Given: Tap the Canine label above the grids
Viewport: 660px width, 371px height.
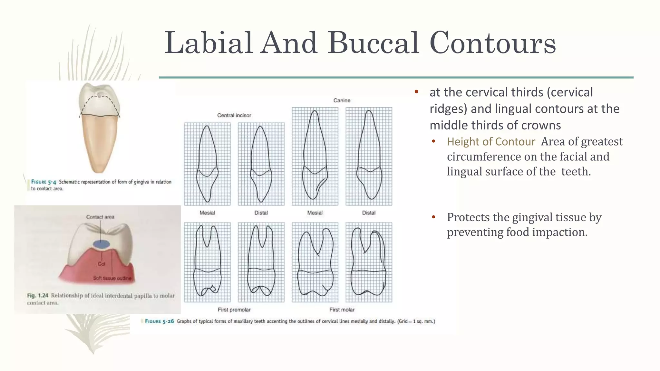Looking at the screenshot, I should [342, 100].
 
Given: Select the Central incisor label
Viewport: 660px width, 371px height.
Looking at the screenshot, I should [234, 115].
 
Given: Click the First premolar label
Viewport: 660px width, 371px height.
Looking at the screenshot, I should [234, 309].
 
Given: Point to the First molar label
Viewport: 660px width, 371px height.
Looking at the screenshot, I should [342, 309].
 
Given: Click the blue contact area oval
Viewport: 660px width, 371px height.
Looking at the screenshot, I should [101, 244].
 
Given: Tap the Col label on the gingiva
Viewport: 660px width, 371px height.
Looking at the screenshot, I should [102, 264].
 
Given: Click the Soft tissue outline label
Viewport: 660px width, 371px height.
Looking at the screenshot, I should [112, 278].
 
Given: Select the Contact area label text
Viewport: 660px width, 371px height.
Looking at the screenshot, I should [100, 217].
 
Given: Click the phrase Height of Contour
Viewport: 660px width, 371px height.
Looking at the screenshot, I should [491, 142].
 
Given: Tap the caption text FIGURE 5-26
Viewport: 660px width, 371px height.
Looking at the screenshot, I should [159, 321].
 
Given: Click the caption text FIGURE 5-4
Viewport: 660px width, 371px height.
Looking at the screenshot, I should [44, 182].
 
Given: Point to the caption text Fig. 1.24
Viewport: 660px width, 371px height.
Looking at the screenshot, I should [37, 295].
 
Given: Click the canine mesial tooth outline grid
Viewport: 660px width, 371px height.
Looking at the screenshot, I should [315, 156].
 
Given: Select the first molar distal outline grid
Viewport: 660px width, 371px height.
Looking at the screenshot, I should [369, 262].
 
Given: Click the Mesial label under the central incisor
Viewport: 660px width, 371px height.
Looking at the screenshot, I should [207, 213].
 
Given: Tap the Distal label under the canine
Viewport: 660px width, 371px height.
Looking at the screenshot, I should [369, 213].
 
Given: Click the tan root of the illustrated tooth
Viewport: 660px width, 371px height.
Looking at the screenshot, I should [99, 142].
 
